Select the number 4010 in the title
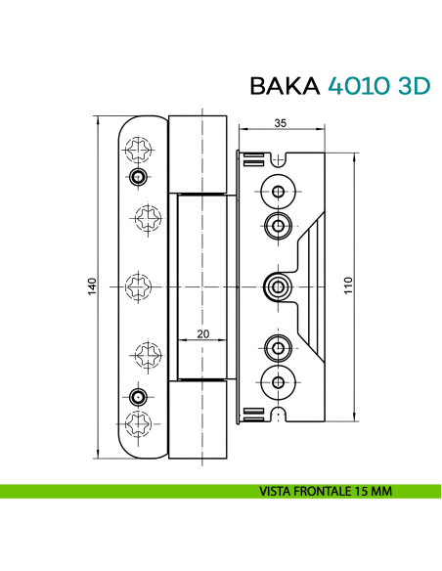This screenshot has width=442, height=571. pyautogui.click(x=356, y=86)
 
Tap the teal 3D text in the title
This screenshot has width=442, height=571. pyautogui.click(x=412, y=86)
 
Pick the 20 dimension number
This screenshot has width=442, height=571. pyautogui.click(x=203, y=333)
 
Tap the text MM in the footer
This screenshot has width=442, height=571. pyautogui.click(x=381, y=491)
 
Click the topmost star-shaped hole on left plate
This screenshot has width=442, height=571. pyautogui.click(x=137, y=150)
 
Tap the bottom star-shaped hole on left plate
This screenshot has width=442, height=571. pyautogui.click(x=137, y=422)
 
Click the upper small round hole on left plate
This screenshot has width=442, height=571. pyautogui.click(x=138, y=176)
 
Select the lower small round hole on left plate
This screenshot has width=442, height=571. pyautogui.click(x=138, y=396)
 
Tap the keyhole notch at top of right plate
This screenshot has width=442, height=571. pyautogui.click(x=282, y=157)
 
